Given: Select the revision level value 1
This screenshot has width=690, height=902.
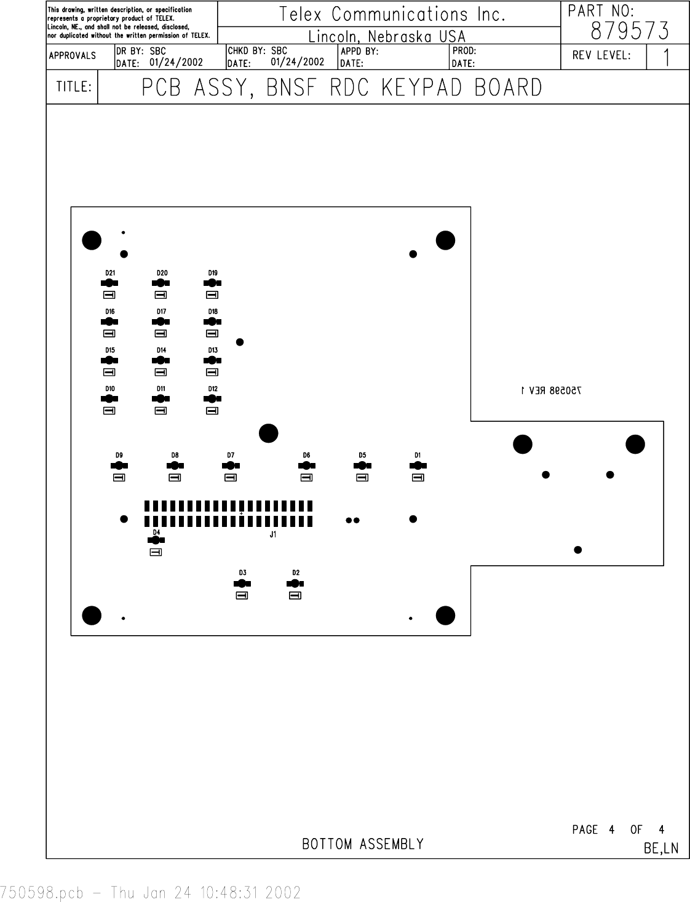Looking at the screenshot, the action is (667, 58).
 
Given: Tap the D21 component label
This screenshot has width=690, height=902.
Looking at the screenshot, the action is (110, 273).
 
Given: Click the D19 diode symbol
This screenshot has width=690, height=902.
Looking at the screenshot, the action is (212, 283).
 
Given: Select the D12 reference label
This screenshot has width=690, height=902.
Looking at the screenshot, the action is (213, 389).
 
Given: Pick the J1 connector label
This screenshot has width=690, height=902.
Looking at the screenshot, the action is (273, 534).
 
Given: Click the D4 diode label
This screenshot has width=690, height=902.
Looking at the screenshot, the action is (156, 532).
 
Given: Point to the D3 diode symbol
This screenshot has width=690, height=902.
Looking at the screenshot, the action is (242, 584).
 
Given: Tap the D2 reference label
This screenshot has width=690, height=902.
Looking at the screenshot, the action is (296, 573).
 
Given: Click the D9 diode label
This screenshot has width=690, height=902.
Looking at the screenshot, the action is (119, 455).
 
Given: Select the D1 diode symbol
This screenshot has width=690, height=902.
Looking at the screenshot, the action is (418, 466).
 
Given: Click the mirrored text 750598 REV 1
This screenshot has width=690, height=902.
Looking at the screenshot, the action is (551, 390).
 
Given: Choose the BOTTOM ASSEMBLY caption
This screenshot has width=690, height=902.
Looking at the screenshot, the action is (363, 844).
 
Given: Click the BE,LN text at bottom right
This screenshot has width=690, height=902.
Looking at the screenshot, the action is (661, 849).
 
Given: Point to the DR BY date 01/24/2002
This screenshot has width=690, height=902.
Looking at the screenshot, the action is (176, 62).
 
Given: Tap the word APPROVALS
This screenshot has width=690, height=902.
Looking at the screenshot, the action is (72, 56).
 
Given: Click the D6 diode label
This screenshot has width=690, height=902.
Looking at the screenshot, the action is (306, 455).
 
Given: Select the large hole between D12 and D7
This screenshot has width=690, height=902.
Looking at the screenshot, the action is (268, 433).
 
